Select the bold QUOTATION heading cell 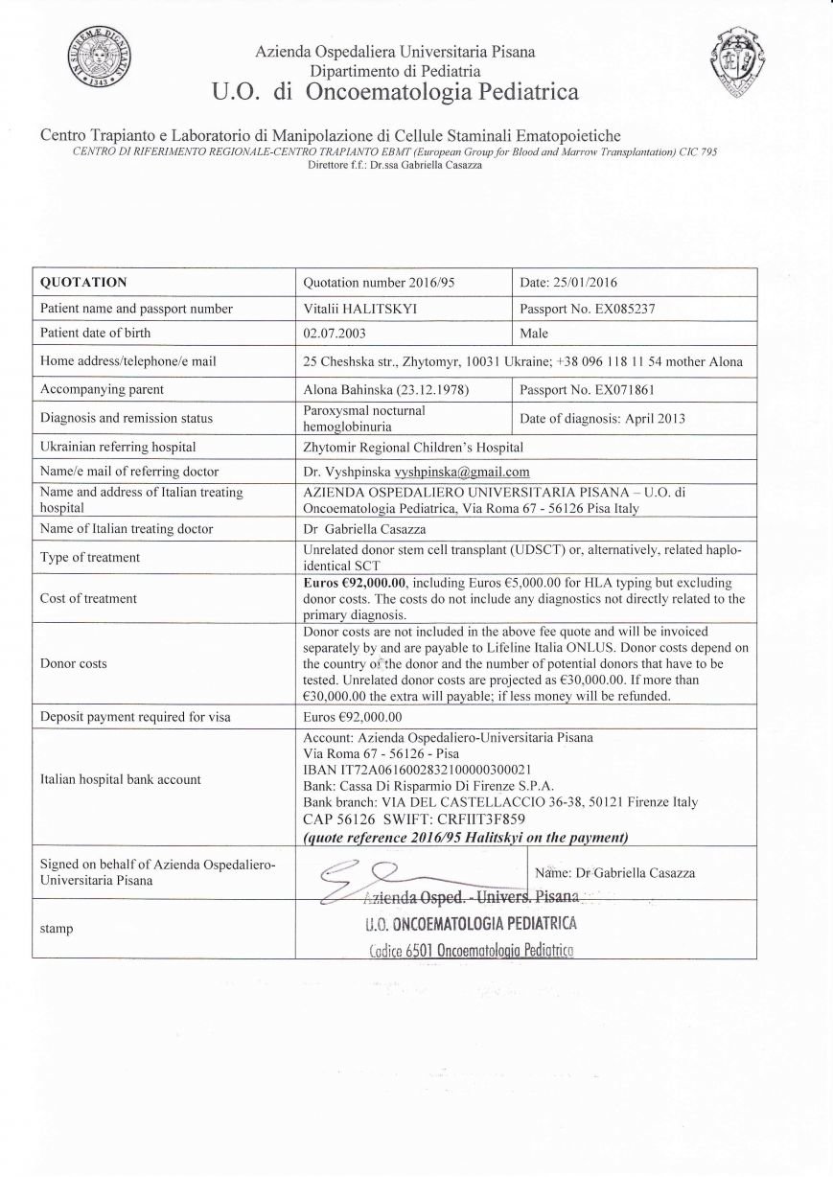(x=83, y=282)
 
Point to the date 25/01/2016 (x=568, y=282)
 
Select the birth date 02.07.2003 (x=334, y=334)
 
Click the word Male (x=534, y=334)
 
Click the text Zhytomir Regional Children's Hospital (x=413, y=447)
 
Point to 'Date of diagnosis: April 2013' (x=602, y=418)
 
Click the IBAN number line (x=417, y=769)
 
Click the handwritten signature (x=364, y=874)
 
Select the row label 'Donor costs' (x=74, y=663)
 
